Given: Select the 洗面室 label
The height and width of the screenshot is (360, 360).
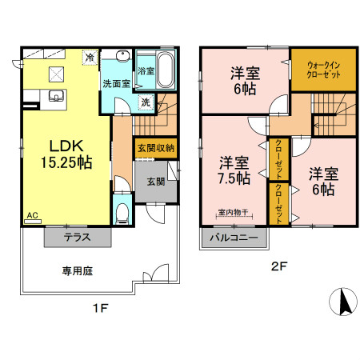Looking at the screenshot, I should click(x=115, y=83).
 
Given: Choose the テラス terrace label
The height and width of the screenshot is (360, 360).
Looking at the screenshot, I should click(x=78, y=238).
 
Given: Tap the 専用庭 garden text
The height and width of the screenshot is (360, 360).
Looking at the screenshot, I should click(x=78, y=271).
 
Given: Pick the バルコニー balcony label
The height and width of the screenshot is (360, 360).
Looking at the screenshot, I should click(x=234, y=238).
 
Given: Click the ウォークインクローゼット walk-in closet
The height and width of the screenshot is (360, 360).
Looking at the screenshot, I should click(x=318, y=70).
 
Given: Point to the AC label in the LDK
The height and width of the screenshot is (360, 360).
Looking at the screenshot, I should click(x=32, y=215).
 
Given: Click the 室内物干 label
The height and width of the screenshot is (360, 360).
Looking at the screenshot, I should click(x=234, y=212).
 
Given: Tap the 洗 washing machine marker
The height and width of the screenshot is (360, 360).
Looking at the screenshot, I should click(x=146, y=102).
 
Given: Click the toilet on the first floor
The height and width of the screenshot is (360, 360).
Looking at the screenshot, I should click(x=121, y=211).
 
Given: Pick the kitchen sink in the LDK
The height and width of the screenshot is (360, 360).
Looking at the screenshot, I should click(x=56, y=97).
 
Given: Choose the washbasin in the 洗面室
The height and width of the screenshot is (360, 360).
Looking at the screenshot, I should click(x=122, y=58).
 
